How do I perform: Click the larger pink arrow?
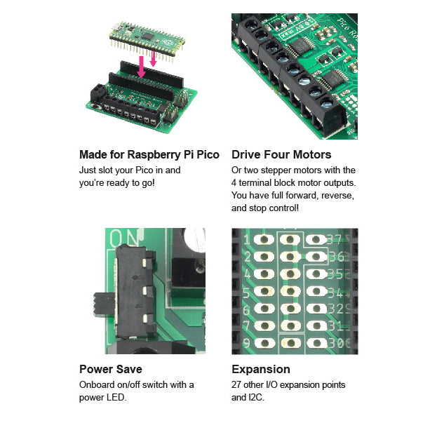[x=141, y=67]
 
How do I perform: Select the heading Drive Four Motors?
[x=281, y=154]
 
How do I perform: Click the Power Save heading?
[x=110, y=369]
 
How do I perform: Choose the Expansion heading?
[x=260, y=369]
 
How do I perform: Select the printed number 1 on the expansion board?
[x=246, y=240]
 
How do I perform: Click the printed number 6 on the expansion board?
[x=246, y=309]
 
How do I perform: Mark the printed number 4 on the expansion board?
[x=246, y=274]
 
